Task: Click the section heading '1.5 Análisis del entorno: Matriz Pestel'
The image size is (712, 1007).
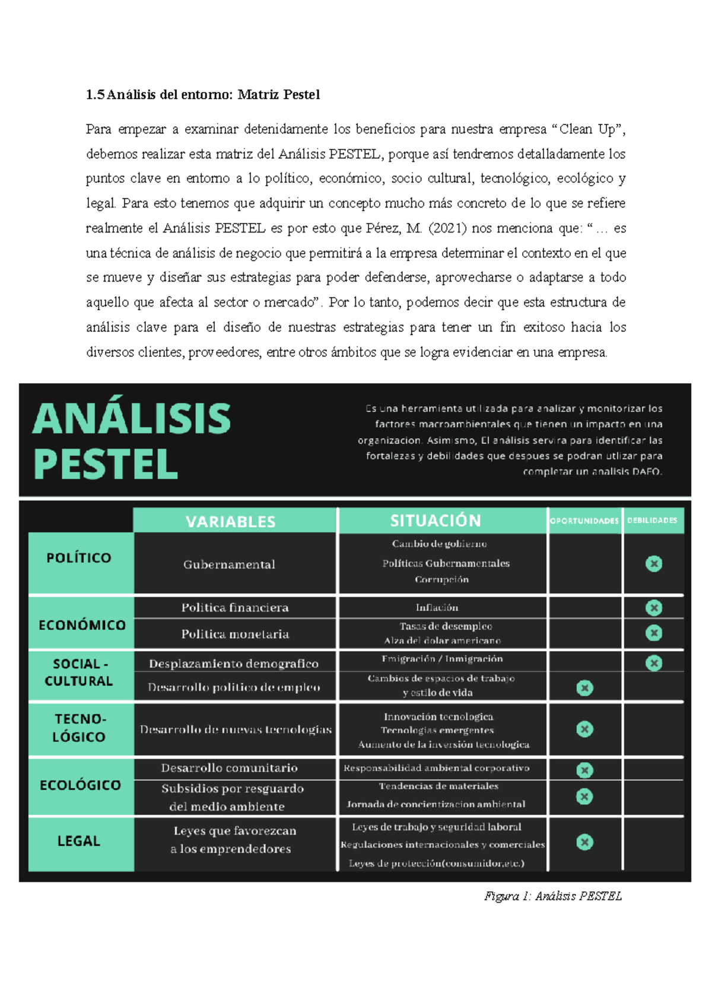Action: (203, 95)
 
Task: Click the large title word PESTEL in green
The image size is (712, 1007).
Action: (106, 464)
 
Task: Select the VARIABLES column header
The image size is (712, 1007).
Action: (230, 521)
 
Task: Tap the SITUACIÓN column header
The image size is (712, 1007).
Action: (436, 521)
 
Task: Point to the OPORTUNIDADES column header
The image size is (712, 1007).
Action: (584, 521)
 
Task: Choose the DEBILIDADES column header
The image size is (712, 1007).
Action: (652, 520)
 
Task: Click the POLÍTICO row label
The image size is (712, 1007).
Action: (79, 557)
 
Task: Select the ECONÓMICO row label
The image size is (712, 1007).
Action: (82, 625)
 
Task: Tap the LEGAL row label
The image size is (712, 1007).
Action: (79, 841)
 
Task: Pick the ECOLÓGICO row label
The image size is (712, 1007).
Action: (80, 785)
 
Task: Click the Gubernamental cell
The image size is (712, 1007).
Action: (229, 565)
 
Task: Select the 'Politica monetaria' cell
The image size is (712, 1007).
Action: (235, 634)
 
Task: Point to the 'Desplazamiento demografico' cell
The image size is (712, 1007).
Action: (233, 664)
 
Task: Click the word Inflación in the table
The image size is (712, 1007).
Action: (437, 607)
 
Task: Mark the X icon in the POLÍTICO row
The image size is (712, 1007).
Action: (653, 563)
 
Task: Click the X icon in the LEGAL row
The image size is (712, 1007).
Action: (584, 842)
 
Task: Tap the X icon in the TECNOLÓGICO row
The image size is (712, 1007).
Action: (584, 729)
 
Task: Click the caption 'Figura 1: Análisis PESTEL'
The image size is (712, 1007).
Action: (552, 896)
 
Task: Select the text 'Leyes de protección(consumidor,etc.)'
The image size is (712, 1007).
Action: (436, 863)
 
